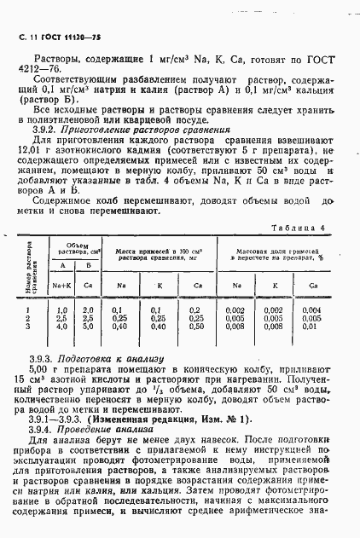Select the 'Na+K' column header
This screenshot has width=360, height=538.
click(x=61, y=286)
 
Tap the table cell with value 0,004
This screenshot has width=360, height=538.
click(x=311, y=309)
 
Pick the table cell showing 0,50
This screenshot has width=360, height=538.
click(x=197, y=326)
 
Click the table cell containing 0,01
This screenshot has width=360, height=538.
click(x=311, y=326)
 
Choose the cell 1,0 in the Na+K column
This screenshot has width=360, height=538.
click(x=61, y=309)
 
